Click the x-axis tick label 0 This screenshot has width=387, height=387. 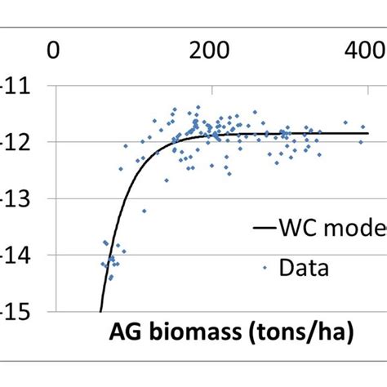tap(54, 51)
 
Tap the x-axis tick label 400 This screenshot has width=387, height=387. tap(362, 51)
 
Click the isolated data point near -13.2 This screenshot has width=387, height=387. tap(144, 211)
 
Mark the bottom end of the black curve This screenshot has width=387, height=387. tap(100, 310)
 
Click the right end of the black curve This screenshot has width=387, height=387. tap(368, 133)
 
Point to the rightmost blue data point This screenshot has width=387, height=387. tap(361, 142)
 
